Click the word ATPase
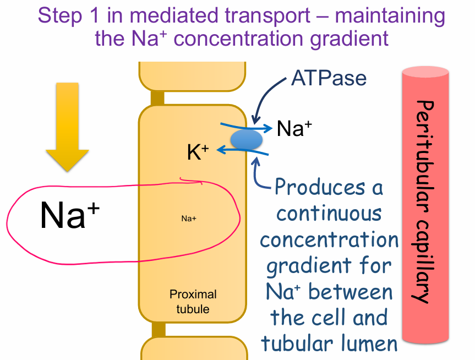point(329,78)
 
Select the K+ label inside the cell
point(198,152)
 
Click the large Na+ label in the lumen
point(63,215)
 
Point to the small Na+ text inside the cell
point(189,219)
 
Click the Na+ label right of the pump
point(294,128)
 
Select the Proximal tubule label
point(193,301)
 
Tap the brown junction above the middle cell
point(158,98)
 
